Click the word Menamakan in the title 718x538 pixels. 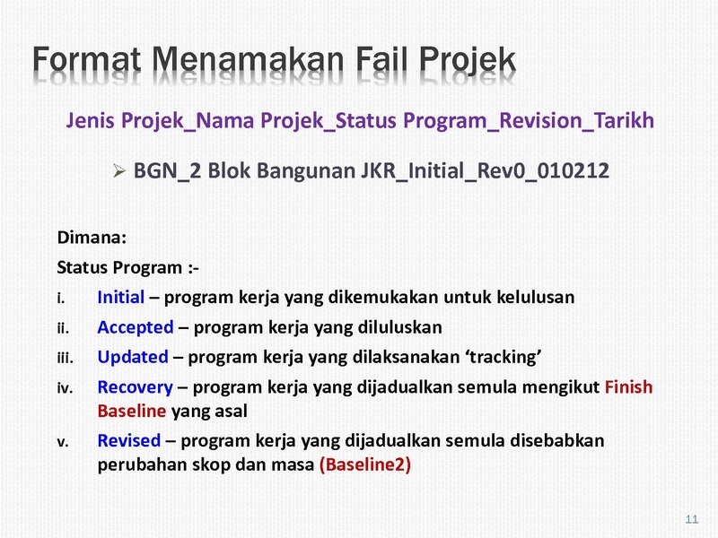click(x=248, y=60)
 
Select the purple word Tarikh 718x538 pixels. click(x=624, y=120)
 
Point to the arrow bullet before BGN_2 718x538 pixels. click(x=119, y=171)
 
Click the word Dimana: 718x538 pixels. click(x=92, y=238)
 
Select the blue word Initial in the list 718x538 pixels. click(x=121, y=298)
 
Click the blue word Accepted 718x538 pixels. click(x=136, y=327)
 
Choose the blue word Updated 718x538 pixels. click(x=133, y=357)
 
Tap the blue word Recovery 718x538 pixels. click(x=136, y=387)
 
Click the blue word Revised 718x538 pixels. click(x=129, y=440)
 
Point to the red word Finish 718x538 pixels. click(x=629, y=387)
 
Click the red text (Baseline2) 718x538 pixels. click(x=365, y=464)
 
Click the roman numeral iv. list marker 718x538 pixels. click(x=65, y=388)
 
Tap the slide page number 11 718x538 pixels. click(x=692, y=519)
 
